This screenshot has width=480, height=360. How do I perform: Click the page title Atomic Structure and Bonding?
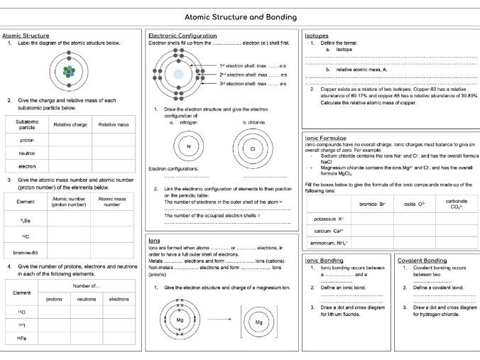click(240, 16)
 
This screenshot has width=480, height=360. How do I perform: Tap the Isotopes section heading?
click(316, 35)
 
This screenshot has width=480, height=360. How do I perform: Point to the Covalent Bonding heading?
click(422, 260)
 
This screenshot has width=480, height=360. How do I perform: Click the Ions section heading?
click(154, 240)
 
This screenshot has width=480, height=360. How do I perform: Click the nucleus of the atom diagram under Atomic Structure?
click(67, 72)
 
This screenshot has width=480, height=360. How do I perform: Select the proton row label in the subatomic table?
click(27, 140)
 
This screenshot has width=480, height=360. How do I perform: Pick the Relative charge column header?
click(70, 124)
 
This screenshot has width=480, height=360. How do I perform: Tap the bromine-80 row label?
click(25, 251)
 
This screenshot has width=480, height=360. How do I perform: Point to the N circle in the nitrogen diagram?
click(189, 147)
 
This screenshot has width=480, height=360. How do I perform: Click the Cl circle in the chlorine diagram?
click(253, 148)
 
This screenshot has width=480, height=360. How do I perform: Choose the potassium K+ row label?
click(329, 219)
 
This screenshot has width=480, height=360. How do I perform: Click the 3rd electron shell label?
click(253, 84)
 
